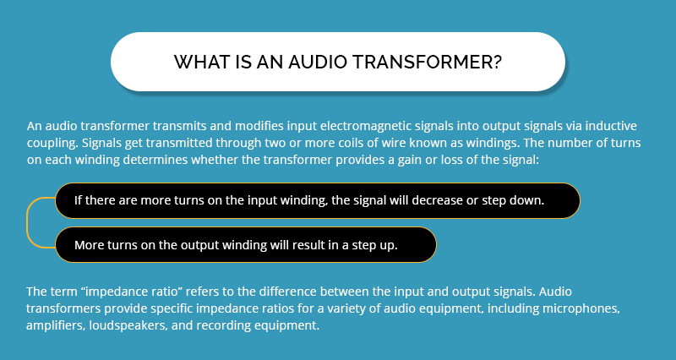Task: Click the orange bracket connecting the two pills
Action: (x=30, y=222)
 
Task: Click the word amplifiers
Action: (x=58, y=324)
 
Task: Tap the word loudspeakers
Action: (x=139, y=324)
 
